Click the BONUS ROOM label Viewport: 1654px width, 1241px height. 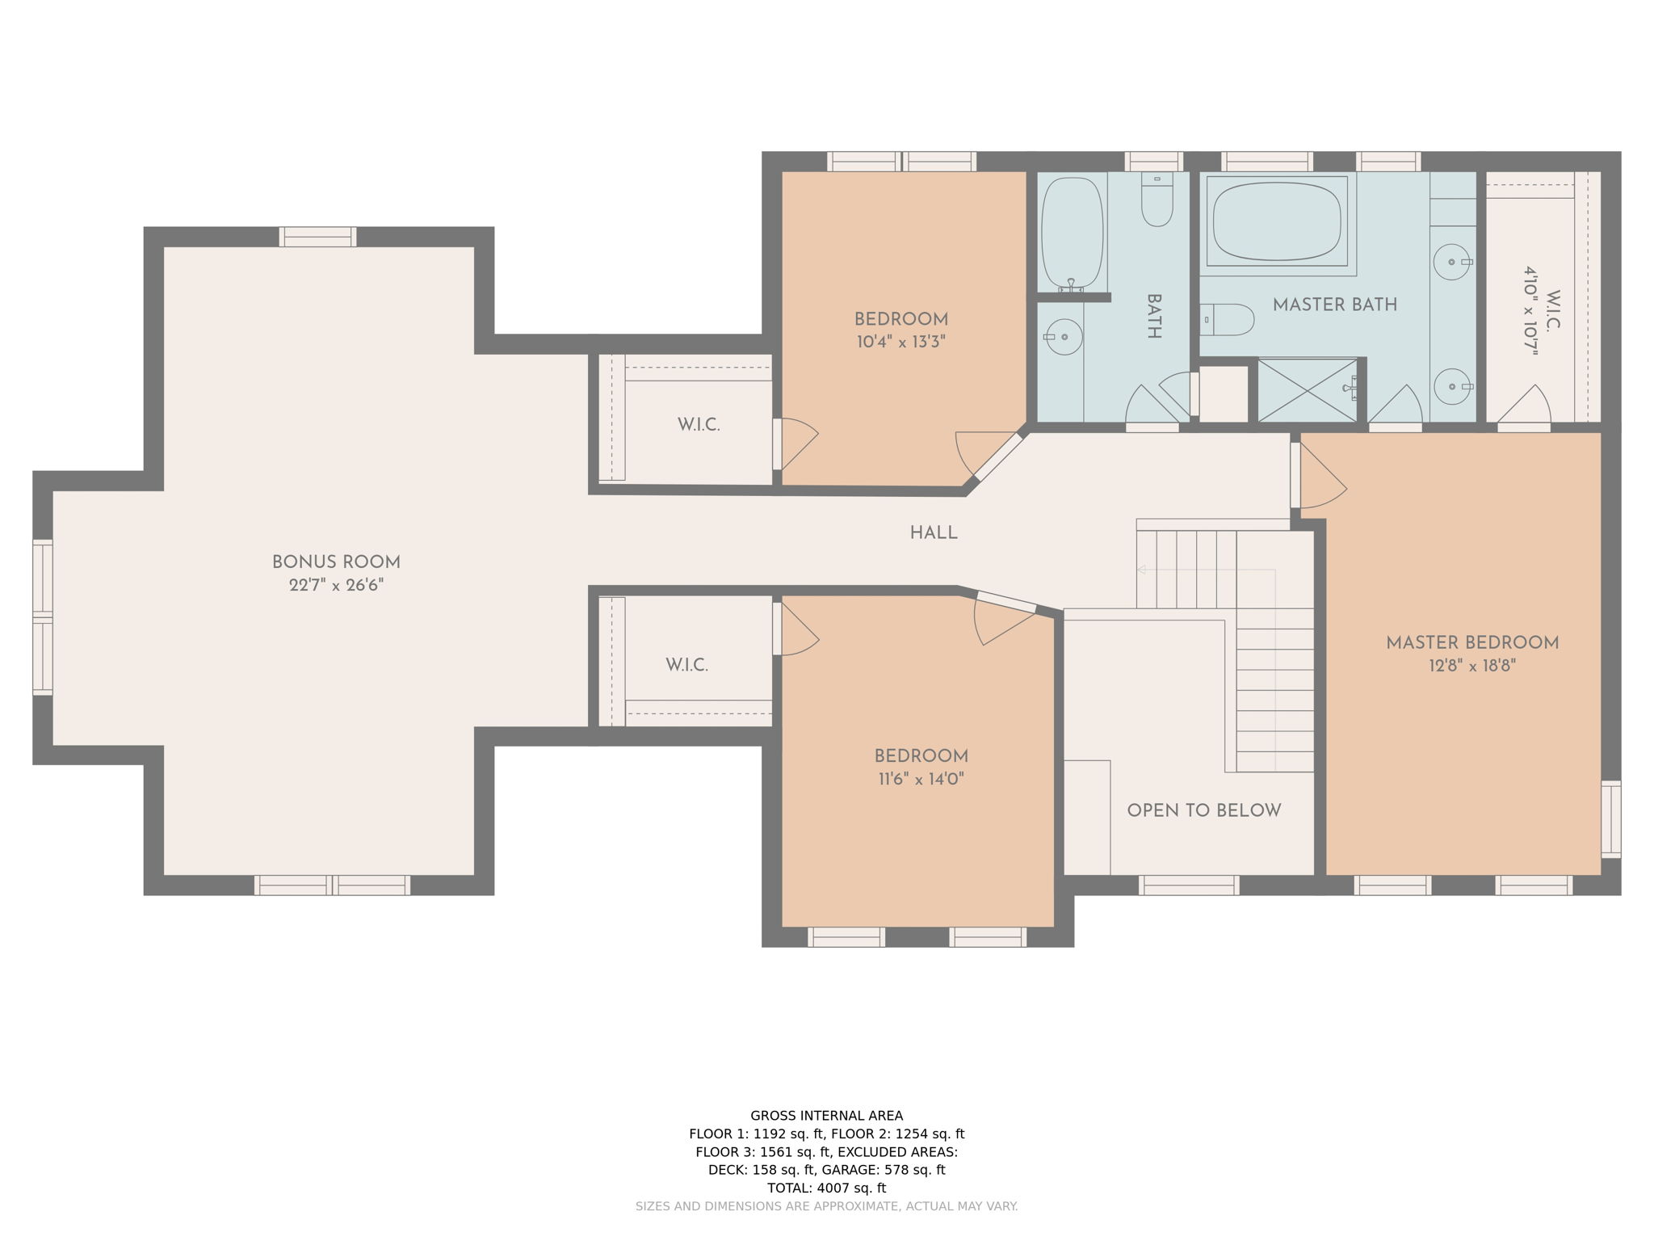click(x=336, y=562)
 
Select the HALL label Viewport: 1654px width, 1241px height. click(x=934, y=533)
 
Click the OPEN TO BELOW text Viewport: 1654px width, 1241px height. click(x=1203, y=810)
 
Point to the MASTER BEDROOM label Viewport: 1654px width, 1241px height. click(x=1471, y=643)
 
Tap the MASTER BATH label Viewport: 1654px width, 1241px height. click(x=1334, y=305)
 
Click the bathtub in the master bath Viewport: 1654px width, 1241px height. click(x=1276, y=221)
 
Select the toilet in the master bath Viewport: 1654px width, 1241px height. click(x=1228, y=319)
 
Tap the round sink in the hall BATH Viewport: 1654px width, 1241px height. click(x=1063, y=336)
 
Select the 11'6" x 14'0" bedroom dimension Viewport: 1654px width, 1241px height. click(x=921, y=780)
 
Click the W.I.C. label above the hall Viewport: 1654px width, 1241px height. click(x=699, y=425)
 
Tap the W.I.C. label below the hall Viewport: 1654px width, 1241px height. click(x=686, y=666)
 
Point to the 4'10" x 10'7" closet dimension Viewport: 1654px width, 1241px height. click(x=1530, y=311)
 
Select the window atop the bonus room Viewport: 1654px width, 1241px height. click(x=317, y=237)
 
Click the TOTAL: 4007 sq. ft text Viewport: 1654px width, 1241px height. click(x=826, y=1188)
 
